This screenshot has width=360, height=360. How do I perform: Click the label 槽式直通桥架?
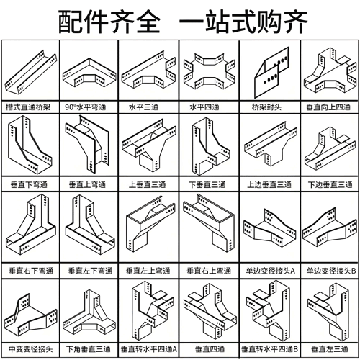click(28, 107)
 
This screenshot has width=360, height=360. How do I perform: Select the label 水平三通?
click(144, 107)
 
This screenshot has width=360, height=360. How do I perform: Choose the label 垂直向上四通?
click(328, 107)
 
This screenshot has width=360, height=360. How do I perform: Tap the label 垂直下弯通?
click(29, 185)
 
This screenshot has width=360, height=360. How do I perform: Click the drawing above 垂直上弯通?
click(88, 144)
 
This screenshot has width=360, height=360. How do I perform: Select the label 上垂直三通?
click(148, 185)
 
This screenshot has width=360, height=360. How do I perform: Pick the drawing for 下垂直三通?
click(211, 146)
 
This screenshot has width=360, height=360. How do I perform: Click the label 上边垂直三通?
click(269, 185)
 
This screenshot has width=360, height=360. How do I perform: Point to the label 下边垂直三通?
click(330, 185)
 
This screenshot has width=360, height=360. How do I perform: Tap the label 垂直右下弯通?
click(31, 271)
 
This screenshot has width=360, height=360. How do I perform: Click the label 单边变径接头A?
click(271, 271)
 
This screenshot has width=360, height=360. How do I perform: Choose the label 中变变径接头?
click(30, 349)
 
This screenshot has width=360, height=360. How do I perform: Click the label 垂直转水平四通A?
click(149, 349)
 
